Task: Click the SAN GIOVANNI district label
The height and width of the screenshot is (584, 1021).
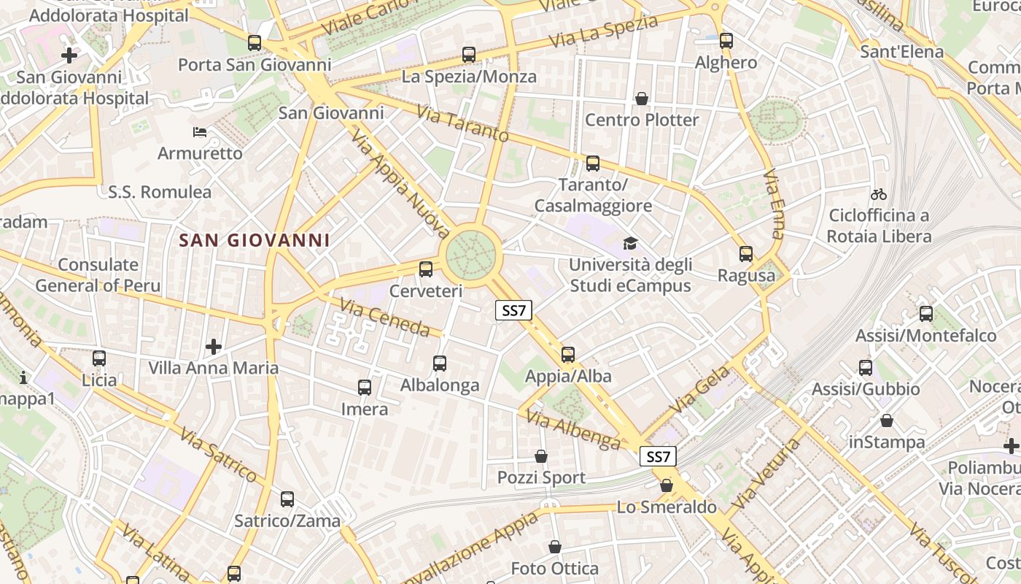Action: point(255,240)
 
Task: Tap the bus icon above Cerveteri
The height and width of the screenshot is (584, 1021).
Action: point(426,269)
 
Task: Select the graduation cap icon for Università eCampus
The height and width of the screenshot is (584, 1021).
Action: point(629,243)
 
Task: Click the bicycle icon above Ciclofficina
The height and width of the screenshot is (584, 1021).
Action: point(879,194)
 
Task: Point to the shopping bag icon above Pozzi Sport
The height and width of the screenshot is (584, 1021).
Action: point(541,456)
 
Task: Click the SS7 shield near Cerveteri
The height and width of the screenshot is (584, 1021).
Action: point(513,310)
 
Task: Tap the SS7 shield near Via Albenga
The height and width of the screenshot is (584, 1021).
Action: point(658,457)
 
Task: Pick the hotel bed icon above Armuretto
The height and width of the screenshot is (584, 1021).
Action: point(200,132)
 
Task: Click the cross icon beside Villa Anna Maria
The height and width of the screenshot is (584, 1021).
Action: point(214,346)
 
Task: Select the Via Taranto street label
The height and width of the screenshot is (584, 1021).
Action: point(462,123)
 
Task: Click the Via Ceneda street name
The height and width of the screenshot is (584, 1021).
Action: point(384,318)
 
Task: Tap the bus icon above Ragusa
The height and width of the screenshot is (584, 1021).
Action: point(746,254)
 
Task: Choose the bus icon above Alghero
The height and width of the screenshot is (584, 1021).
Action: point(726,41)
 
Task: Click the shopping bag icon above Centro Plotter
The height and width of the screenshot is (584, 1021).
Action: point(642,99)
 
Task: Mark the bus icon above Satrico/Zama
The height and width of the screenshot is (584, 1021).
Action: point(287,499)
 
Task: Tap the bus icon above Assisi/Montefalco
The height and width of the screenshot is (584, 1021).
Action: point(925,314)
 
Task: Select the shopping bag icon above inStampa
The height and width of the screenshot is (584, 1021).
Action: point(887,420)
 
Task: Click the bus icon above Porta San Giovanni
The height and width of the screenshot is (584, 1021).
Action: point(255,43)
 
